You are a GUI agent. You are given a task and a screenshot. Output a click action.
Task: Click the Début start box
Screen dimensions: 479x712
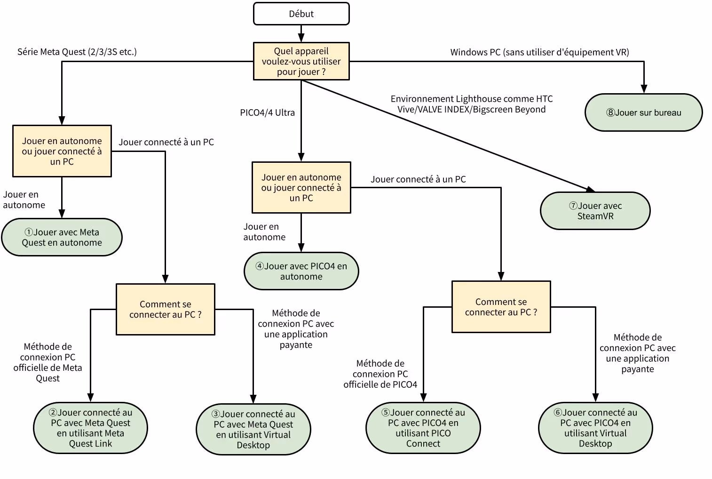coord(301,14)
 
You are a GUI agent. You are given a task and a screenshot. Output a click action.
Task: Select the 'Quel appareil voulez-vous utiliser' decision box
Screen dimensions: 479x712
coord(301,61)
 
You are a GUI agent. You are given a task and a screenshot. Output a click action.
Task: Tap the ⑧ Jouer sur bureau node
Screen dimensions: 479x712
coord(643,112)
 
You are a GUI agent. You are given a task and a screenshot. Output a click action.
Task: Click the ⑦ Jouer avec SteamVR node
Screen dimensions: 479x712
coord(595,211)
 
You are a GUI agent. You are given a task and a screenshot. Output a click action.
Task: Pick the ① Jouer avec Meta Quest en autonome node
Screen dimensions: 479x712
coord(62,237)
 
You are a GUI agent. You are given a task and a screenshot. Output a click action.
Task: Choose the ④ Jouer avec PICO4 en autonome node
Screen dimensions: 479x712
coord(301,271)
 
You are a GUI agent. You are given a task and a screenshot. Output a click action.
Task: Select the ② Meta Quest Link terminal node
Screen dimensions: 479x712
coord(90,428)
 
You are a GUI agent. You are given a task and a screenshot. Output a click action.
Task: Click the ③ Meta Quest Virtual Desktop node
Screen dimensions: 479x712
coord(253,429)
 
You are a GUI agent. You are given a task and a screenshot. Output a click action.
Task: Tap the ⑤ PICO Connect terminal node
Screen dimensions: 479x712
coord(423,428)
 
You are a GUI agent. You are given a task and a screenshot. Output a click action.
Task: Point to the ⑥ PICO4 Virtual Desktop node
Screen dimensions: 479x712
coord(595,428)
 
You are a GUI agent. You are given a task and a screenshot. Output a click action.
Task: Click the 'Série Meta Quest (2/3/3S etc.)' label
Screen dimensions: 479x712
coord(77,52)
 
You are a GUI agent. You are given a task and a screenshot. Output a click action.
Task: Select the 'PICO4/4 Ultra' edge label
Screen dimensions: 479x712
coord(267,112)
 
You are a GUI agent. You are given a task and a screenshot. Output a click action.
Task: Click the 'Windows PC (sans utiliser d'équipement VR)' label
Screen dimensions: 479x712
coord(539,52)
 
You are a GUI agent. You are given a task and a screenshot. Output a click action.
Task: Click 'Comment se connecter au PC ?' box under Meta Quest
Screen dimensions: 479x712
coord(165,309)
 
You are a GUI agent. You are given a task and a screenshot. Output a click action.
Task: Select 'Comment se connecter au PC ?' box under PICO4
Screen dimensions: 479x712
coord(501,307)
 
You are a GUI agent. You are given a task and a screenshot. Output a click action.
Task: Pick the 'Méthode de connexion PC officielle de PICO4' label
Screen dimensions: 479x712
coord(380,374)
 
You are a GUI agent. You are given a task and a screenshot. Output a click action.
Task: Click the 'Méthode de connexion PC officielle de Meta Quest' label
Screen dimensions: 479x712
coord(47,362)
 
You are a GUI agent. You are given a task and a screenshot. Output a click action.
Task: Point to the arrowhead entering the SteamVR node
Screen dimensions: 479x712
coord(590,189)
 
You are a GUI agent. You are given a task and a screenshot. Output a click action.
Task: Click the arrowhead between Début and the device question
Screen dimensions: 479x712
coord(301,38)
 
